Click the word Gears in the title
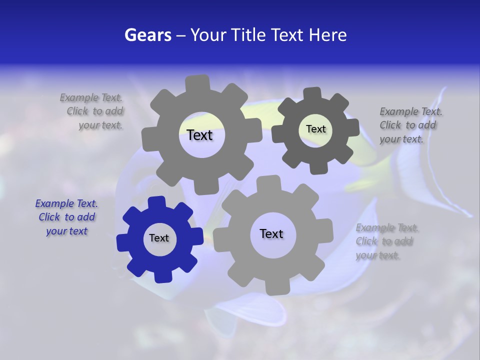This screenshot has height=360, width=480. click(x=147, y=35)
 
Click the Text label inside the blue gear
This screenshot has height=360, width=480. click(x=159, y=238)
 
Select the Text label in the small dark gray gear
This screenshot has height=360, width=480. click(x=315, y=129)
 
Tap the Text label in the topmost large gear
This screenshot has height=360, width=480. click(x=199, y=135)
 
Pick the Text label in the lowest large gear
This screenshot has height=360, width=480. click(x=271, y=233)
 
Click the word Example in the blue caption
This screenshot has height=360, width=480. click(x=55, y=203)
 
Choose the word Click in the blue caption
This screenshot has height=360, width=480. click(x=49, y=217)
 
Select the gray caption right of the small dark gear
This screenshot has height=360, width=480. click(x=410, y=125)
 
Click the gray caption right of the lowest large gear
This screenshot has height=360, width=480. click(x=387, y=241)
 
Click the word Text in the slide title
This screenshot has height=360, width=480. click(x=289, y=35)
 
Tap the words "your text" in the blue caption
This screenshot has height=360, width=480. click(x=67, y=231)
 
